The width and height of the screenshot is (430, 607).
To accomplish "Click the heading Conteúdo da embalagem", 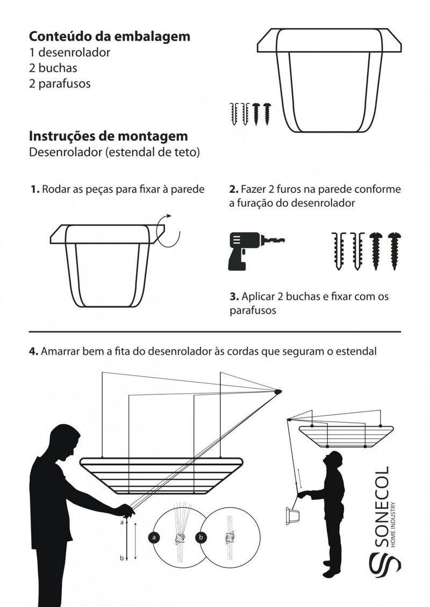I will tap(109, 37).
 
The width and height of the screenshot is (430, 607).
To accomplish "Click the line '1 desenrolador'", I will tap(70, 53).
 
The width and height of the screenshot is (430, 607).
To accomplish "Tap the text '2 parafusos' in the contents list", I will tap(60, 84).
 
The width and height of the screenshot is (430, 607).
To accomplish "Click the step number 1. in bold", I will tap(35, 190).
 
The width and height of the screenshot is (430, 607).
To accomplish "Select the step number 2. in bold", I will tap(234, 190).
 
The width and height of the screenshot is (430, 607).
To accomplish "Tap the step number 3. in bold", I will tap(234, 297).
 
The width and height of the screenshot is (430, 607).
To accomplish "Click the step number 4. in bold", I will tap(33, 351).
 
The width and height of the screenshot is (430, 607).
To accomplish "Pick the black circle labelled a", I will tap(155, 537).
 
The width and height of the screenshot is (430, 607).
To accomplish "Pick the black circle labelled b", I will tap(201, 537).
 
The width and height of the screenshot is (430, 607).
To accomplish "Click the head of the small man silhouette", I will tap(335, 460).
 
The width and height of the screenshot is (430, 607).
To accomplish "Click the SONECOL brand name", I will tap(382, 505).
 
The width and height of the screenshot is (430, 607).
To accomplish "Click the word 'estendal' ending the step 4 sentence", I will tap(358, 351).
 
